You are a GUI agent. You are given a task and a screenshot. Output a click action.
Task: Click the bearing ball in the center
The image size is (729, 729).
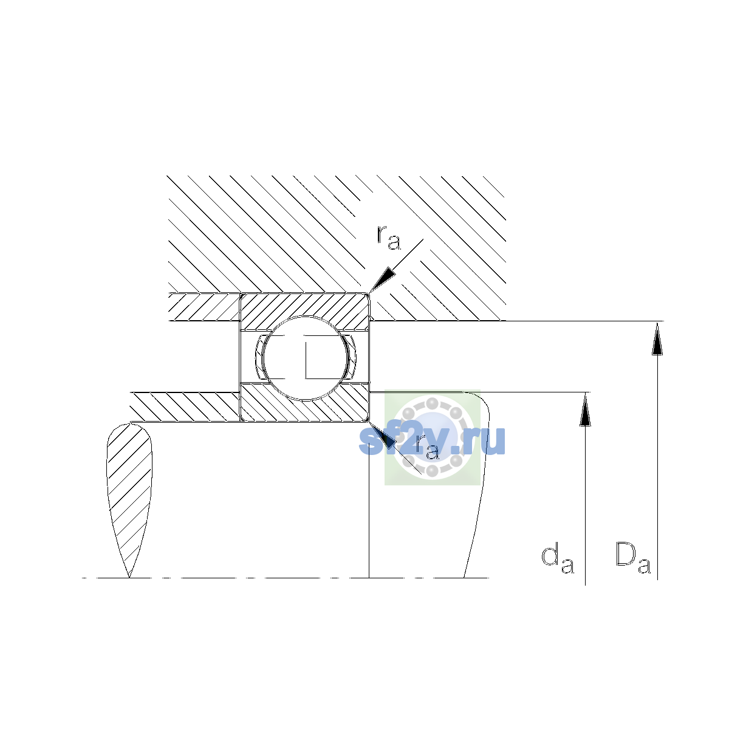pos(305,358)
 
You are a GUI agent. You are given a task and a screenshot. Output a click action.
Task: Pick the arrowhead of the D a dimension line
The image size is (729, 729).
pos(657,338)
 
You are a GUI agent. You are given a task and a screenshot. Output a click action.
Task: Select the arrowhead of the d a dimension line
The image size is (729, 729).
pos(585,409)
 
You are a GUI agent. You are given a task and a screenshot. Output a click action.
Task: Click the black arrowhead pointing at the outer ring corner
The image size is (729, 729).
pos(382,280)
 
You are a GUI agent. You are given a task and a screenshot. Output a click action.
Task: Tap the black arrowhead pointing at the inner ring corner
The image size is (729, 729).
pos(382,435)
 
